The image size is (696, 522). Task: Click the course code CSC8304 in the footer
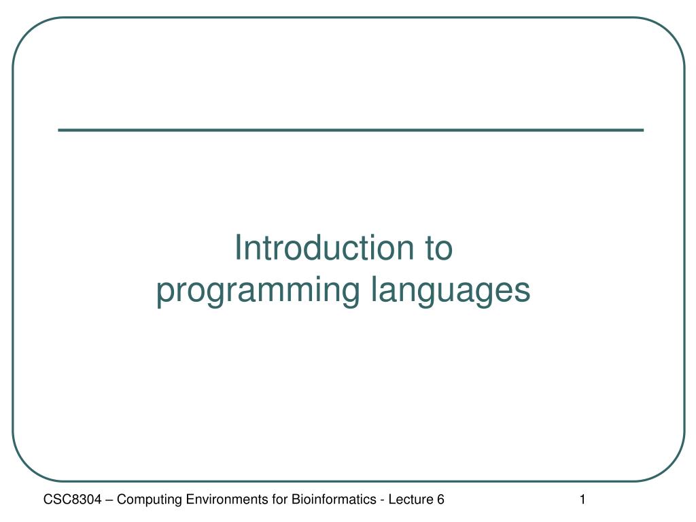pyautogui.click(x=72, y=500)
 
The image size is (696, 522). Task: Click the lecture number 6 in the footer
pyautogui.click(x=440, y=500)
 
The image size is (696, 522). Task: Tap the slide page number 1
pyautogui.click(x=582, y=500)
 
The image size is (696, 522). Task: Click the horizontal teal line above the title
pyautogui.click(x=351, y=130)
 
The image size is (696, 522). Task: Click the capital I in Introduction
pyautogui.click(x=237, y=247)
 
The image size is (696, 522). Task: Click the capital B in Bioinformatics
pyautogui.click(x=296, y=500)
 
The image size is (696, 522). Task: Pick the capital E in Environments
pyautogui.click(x=190, y=500)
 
